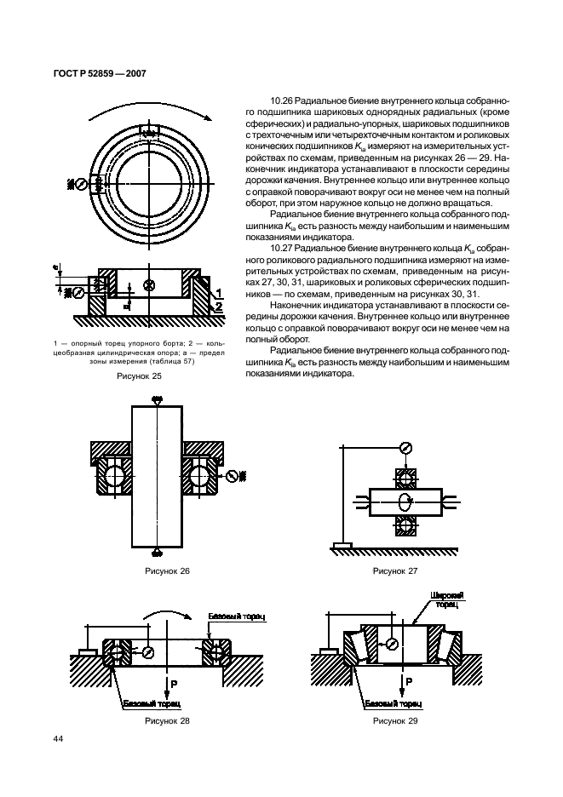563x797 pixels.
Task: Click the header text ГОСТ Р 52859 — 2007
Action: (94, 73)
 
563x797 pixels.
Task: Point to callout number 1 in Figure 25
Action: (219, 291)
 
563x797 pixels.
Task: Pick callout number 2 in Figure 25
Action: (219, 305)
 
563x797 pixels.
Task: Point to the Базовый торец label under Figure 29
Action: (394, 704)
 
